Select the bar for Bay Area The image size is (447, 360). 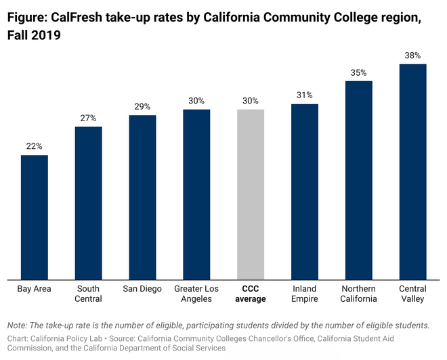(x=35, y=217)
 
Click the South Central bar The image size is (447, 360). (x=88, y=202)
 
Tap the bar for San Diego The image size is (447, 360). (x=142, y=196)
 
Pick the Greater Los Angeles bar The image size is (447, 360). (x=196, y=194)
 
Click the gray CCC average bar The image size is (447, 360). (x=251, y=194)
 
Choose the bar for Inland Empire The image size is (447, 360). (x=305, y=191)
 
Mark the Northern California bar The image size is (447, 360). (x=359, y=179)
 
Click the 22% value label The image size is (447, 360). (x=35, y=146)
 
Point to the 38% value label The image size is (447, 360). (x=412, y=55)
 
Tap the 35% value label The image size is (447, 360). (x=359, y=72)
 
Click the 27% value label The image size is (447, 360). (x=88, y=118)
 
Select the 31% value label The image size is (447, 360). (x=305, y=95)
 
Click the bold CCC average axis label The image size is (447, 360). (x=251, y=294)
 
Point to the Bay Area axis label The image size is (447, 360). (x=35, y=289)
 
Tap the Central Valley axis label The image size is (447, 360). (x=412, y=294)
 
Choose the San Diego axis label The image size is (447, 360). (x=142, y=289)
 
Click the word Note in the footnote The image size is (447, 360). (x=18, y=325)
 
